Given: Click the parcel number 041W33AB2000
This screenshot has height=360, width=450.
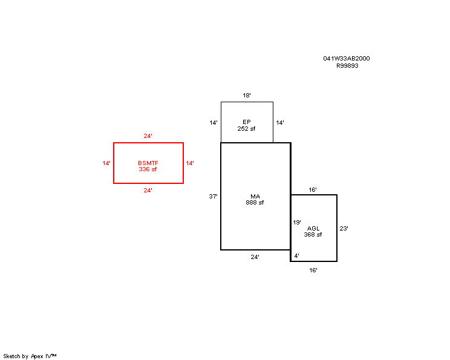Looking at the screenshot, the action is (347, 59).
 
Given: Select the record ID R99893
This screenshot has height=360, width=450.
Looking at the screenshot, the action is (347, 66).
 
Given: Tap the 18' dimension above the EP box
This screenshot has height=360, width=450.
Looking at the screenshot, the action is (247, 96).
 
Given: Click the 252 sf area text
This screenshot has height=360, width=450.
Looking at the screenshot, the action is (246, 129).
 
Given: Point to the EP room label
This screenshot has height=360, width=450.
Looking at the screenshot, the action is (247, 122).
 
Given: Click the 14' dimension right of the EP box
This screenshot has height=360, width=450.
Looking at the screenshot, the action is (280, 123).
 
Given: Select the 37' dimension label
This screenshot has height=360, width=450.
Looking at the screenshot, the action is (214, 197).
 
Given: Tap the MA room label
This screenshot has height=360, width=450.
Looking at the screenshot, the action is (255, 197).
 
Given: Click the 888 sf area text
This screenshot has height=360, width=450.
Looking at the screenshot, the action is (255, 203).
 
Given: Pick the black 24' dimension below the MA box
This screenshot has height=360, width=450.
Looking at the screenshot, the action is (255, 257).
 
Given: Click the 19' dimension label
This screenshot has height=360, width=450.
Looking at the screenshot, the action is (297, 223).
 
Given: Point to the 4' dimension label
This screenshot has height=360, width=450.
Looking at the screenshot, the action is (297, 255).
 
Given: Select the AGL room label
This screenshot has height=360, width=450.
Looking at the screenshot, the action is (313, 229).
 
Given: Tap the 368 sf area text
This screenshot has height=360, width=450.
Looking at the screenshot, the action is (313, 235).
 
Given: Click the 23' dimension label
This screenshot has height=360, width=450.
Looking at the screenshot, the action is (344, 229).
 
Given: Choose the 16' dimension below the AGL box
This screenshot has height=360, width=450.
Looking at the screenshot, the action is (313, 270).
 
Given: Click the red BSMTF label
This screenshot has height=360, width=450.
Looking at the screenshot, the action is (148, 163).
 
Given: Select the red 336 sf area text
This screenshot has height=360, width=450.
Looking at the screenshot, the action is (148, 169).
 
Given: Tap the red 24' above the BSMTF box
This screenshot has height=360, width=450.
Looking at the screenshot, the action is (148, 136).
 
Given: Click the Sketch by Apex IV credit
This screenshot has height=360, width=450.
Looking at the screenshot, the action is (30, 356).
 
